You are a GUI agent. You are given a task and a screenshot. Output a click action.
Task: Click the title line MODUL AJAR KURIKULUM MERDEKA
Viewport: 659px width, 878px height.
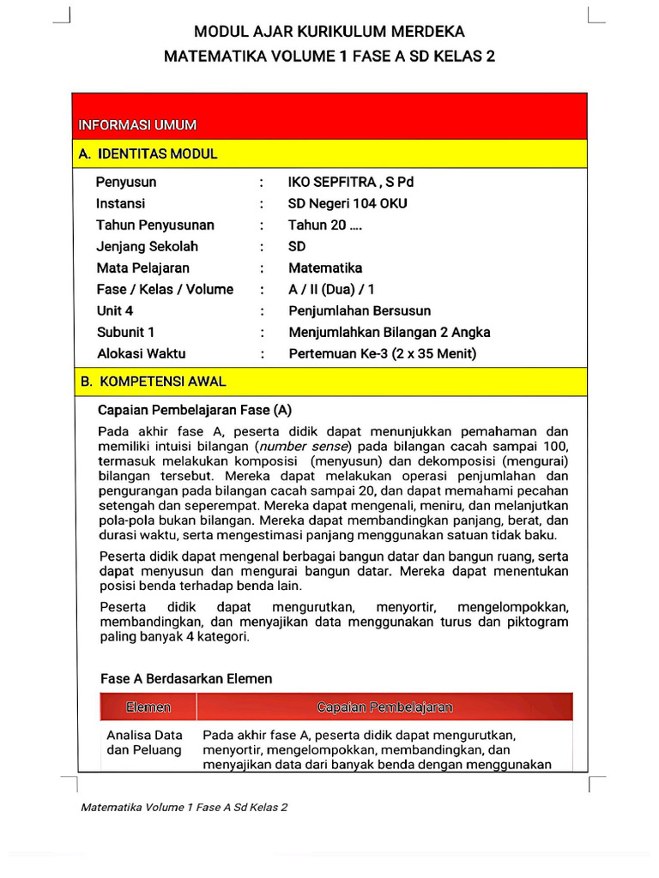[329, 33]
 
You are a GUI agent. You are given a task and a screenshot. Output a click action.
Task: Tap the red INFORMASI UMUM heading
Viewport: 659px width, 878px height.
[137, 125]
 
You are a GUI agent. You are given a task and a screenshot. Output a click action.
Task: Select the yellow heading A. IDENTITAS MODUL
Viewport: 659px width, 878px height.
[148, 154]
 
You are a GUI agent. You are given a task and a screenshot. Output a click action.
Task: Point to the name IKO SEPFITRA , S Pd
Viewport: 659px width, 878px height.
[351, 183]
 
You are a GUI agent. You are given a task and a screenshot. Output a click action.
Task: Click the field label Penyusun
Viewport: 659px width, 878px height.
[126, 183]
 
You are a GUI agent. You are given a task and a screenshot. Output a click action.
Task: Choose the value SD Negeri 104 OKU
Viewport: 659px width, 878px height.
[348, 204]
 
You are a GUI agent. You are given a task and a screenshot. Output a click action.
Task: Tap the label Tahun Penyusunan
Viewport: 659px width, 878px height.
[155, 226]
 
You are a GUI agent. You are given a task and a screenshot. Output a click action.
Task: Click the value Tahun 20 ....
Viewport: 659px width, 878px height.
[325, 226]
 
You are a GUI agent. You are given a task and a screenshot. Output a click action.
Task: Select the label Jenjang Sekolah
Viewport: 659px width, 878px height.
[147, 247]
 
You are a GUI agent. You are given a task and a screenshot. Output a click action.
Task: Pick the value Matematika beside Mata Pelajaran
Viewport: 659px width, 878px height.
[325, 268]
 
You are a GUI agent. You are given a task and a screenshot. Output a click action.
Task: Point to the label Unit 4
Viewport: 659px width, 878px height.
[115, 311]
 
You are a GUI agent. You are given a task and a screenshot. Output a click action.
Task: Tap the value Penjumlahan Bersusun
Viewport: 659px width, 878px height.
[360, 311]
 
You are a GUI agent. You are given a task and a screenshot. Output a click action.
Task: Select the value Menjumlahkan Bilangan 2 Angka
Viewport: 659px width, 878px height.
[390, 333]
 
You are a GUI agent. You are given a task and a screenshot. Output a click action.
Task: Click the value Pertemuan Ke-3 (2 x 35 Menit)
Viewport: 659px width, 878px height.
[382, 354]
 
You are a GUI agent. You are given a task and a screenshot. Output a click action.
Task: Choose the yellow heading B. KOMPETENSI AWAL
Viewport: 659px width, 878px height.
[153, 381]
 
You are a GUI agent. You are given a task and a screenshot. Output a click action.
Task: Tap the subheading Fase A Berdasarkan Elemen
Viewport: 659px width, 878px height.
[186, 679]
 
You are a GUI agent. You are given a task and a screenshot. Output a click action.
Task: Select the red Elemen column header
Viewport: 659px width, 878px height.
[148, 707]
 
